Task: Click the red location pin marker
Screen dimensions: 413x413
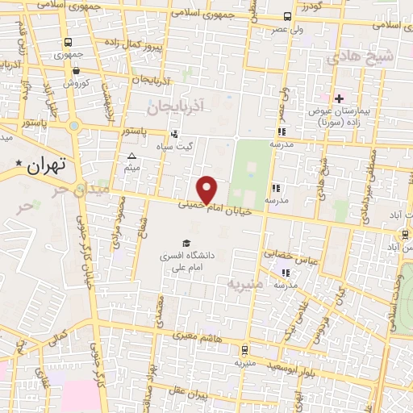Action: coord(207,189)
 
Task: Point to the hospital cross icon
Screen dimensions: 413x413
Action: coord(339,98)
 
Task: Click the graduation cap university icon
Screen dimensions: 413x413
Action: coord(186,243)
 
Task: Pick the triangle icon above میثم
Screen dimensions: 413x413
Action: coord(132,156)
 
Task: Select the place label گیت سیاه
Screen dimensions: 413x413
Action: coord(174,146)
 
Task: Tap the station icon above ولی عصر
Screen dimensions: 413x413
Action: coord(288,17)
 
